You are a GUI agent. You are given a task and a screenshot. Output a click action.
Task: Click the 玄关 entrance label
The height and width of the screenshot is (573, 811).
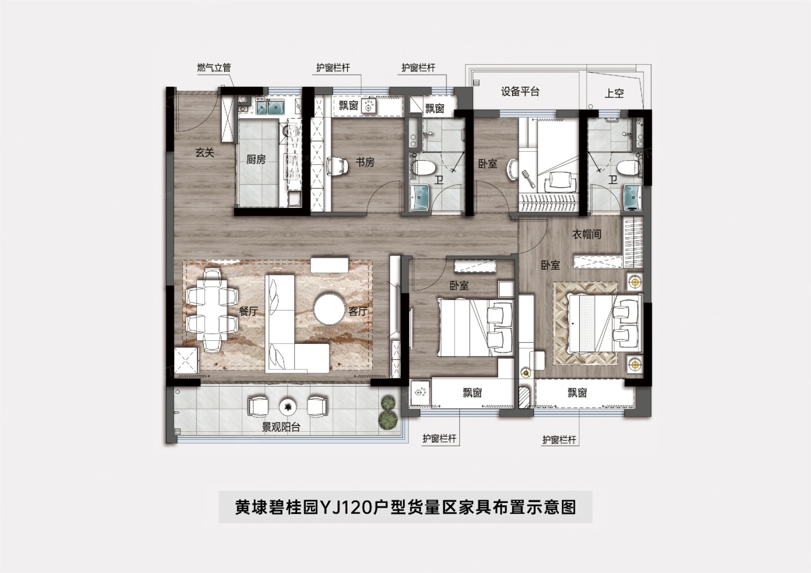205,152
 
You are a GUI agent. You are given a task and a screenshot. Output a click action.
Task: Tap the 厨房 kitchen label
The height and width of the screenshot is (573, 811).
256,159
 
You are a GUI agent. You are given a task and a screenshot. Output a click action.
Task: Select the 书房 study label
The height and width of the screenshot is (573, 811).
364,162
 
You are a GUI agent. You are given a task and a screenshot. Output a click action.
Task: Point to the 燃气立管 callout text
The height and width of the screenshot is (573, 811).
214,68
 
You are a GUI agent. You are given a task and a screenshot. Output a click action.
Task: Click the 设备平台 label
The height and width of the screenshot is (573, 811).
520,91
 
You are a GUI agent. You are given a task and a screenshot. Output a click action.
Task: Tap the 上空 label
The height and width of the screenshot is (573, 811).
614,93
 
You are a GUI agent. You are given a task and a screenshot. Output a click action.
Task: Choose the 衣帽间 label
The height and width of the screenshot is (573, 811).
586,234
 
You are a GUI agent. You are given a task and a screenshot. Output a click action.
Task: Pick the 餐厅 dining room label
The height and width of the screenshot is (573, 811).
249,311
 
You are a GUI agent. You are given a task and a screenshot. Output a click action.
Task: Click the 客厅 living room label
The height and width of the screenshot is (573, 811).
358,311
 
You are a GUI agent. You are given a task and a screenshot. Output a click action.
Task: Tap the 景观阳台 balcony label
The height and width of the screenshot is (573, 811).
281,427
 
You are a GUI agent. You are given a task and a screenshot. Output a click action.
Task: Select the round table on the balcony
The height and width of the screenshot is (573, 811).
288,407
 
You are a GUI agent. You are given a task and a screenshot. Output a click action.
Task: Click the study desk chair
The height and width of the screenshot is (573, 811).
337,167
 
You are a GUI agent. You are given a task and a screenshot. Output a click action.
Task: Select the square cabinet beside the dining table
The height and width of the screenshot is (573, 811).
187,360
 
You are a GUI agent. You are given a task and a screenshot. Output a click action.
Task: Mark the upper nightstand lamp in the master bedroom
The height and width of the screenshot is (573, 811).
635,281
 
